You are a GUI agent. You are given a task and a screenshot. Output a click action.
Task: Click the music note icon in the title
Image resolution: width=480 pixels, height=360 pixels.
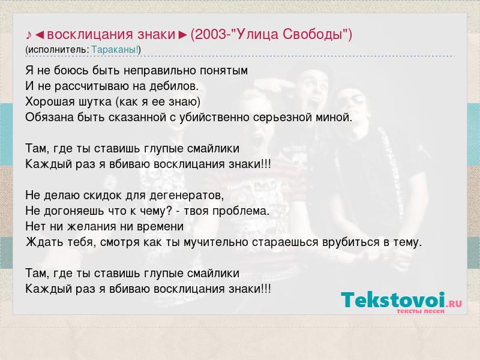pos(29,35)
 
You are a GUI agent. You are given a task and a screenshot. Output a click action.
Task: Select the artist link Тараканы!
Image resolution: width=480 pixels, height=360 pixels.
pos(115,49)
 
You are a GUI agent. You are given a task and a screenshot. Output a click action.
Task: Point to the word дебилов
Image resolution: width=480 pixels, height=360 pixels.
pos(174,86)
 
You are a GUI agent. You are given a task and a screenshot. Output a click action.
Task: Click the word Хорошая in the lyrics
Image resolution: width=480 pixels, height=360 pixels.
pos(50,101)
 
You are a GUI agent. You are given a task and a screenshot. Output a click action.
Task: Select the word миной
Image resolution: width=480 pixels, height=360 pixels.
pos(334,118)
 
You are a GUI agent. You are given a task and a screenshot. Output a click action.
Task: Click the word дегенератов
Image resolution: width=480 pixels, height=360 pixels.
pos(187,196)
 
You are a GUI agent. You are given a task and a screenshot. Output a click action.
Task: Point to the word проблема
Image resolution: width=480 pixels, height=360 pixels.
pos(241,211)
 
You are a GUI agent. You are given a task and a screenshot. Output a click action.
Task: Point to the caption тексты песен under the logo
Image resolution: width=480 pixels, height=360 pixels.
pos(421,311)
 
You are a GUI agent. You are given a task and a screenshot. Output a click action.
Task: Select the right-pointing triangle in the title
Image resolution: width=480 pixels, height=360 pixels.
pos(183,35)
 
